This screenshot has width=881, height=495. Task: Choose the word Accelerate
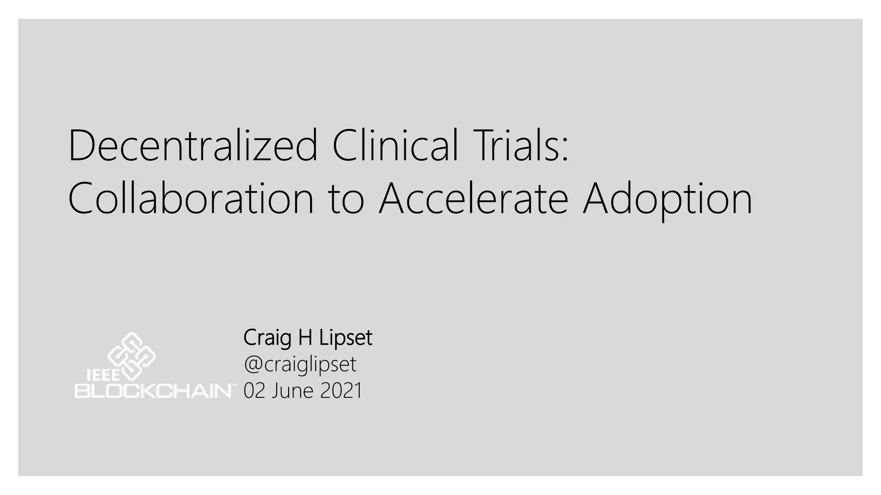[x=473, y=199]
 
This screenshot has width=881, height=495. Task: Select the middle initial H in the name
[x=305, y=338]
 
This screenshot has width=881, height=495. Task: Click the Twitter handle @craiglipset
[x=300, y=365]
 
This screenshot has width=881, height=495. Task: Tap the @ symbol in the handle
[x=253, y=365]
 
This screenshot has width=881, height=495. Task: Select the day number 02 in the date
[x=254, y=391]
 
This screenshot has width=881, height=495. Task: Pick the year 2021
[x=341, y=391]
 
